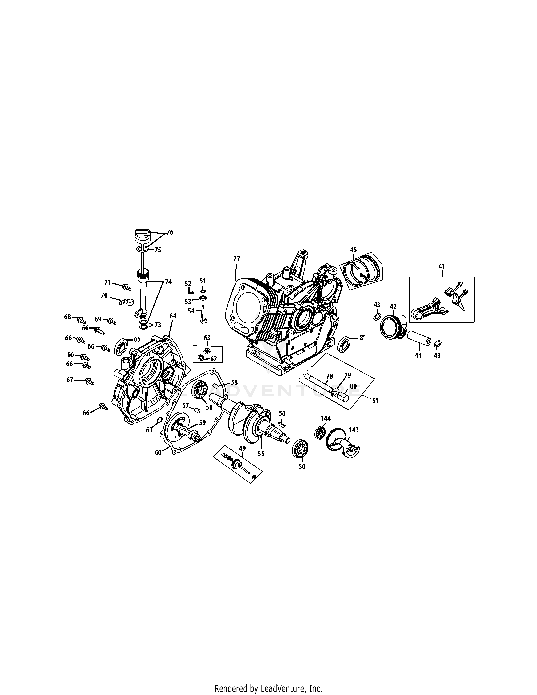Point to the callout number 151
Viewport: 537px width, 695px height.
374,401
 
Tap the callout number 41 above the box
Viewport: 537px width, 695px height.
442,266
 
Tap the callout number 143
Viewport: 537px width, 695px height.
354,430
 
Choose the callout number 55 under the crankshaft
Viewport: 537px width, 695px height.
261,454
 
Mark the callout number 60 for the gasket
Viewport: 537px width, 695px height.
158,452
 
